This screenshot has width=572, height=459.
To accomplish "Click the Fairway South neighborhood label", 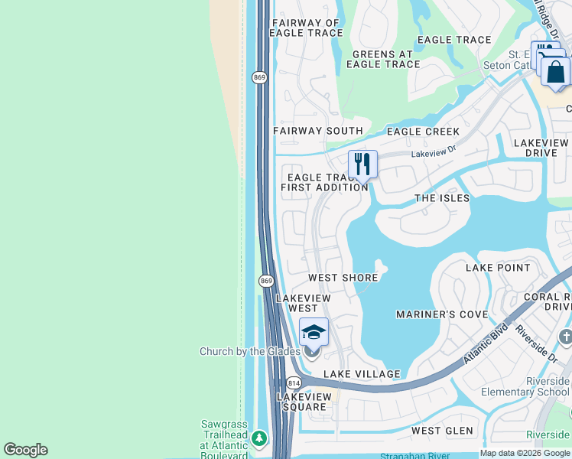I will click(307, 131).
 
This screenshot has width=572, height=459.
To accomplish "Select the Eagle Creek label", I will click(423, 132).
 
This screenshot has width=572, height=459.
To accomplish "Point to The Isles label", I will click(442, 198).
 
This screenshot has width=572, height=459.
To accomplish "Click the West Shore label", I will click(343, 278).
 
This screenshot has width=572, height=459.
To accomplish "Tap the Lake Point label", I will click(498, 268).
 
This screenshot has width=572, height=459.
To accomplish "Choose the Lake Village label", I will click(362, 374).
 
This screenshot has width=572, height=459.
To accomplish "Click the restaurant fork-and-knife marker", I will click(362, 164).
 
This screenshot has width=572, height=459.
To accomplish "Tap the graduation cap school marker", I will click(314, 331).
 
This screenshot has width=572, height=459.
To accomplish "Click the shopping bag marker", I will click(556, 73).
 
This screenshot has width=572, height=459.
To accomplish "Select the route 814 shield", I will click(294, 382).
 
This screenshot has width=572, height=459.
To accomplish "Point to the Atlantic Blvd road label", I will click(486, 346).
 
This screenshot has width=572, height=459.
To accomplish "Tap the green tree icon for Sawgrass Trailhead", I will click(260, 438).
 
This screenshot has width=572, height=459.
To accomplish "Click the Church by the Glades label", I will click(249, 351).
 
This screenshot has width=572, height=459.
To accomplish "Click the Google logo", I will click(25, 450).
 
